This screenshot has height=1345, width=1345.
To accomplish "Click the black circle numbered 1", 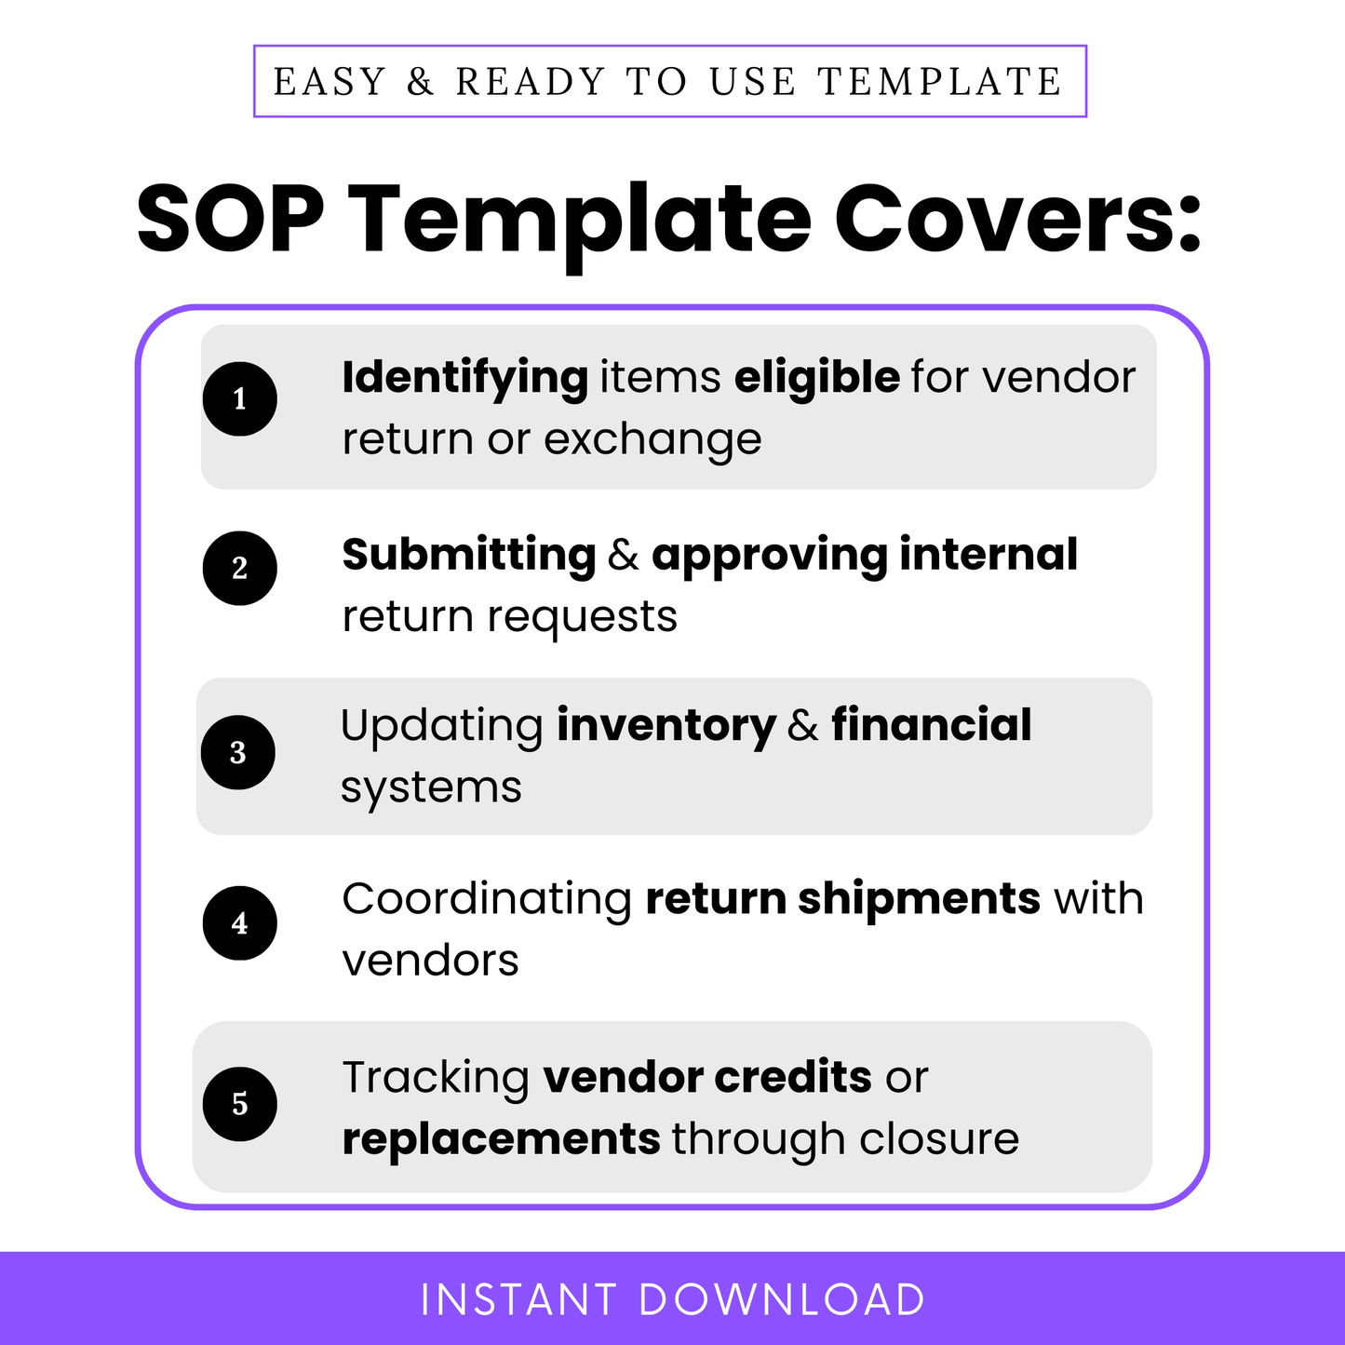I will point(240,399).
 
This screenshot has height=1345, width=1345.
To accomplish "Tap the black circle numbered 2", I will point(240,568).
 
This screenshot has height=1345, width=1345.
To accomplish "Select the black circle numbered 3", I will point(238,752).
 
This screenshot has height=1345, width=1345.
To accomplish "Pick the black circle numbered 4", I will point(240,923).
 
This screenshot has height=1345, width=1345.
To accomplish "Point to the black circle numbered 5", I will point(240,1104).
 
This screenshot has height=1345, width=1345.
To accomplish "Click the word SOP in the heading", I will point(231,220).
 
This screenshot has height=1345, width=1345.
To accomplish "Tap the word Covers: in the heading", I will point(1017,220).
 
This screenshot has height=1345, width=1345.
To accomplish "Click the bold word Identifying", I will point(464,379).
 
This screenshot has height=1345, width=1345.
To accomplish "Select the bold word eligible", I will point(816,379).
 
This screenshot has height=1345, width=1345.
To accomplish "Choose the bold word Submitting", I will point(469,556).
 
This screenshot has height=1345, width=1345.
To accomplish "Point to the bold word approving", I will point(769,556).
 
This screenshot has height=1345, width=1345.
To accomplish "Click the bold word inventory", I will point(666,726).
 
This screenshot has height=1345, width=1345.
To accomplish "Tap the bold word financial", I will point(931,726).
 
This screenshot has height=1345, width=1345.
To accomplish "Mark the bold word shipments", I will point(919,899).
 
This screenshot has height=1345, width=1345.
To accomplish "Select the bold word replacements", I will point(501,1139).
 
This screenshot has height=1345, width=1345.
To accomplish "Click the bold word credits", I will point(793,1078).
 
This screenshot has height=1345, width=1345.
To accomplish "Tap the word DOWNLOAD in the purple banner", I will point(782,1300).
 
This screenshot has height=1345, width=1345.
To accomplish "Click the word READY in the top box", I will point(531,82).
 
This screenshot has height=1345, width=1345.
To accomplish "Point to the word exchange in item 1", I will point(652,439).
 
